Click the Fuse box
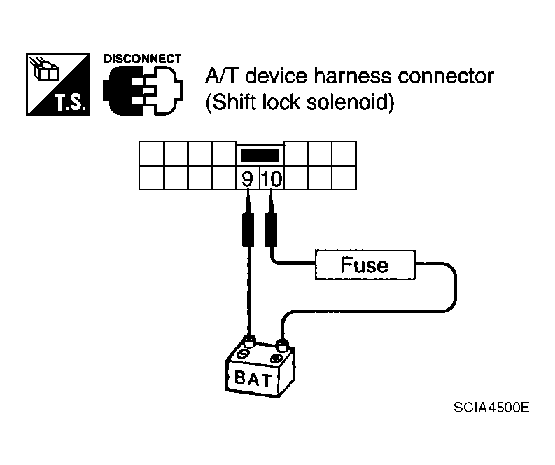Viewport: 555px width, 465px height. [x=365, y=265]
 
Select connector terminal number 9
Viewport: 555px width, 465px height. [x=247, y=179]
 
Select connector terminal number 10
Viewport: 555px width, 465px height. [x=271, y=179]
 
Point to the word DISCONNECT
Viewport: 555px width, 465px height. [x=143, y=59]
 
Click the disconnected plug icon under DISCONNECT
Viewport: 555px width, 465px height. [x=143, y=91]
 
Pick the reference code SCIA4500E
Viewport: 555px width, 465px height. [x=490, y=408]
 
